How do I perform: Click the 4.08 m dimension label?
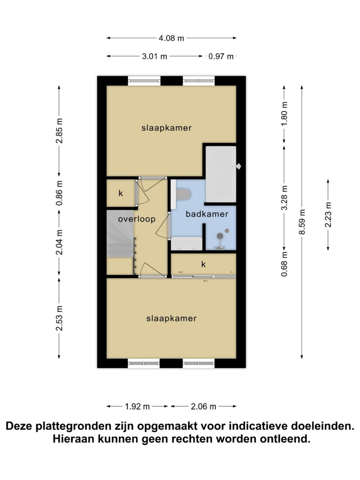click(x=171, y=38)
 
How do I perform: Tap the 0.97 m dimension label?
click(x=221, y=56)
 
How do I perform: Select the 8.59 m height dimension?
click(x=301, y=222)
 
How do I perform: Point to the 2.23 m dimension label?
click(x=328, y=214)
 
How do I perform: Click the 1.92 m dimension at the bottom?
click(x=137, y=406)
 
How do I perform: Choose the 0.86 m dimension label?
click(x=59, y=193)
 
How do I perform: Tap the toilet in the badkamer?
click(x=183, y=194)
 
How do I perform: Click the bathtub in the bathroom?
click(x=221, y=174)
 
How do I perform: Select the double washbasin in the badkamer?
click(x=186, y=243)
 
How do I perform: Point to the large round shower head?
click(x=220, y=235)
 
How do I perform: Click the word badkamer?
click(x=207, y=214)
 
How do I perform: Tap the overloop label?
click(x=136, y=219)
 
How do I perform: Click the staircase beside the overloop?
click(x=120, y=234)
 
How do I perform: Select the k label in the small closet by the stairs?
click(x=121, y=193)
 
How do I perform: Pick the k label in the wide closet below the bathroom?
click(x=203, y=264)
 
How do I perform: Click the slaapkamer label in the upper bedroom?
click(x=166, y=128)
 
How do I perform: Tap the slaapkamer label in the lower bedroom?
click(x=171, y=318)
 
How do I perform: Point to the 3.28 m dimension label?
click(x=284, y=198)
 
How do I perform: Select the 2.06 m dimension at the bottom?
click(x=203, y=406)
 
